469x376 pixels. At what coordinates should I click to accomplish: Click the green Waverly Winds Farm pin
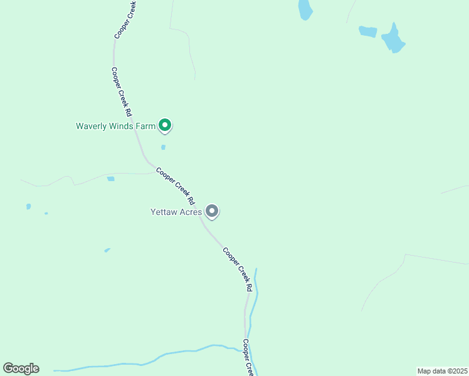[165, 125]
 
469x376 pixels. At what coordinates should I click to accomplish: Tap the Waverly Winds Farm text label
[115, 126]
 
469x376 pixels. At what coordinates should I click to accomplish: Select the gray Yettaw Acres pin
[212, 211]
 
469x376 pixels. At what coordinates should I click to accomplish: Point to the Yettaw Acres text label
[176, 212]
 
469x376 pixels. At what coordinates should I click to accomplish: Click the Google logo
[21, 368]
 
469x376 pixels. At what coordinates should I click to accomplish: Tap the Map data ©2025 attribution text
[441, 371]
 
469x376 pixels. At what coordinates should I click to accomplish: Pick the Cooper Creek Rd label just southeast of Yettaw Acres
[238, 269]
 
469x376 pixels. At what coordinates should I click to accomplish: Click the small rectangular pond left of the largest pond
[368, 31]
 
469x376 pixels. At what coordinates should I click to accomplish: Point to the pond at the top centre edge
[305, 9]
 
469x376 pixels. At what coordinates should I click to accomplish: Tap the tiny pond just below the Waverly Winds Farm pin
[163, 147]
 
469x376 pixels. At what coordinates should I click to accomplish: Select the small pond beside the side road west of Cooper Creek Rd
[111, 179]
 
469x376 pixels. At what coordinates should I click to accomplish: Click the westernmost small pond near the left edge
[28, 206]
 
